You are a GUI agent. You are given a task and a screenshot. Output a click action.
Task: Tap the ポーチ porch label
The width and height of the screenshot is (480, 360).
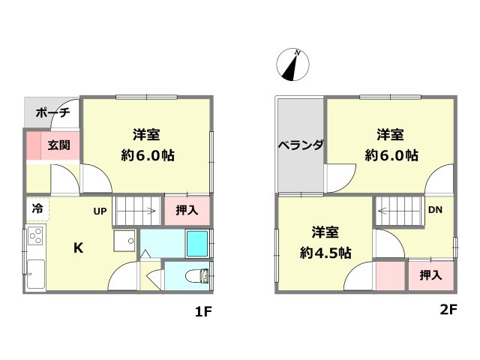point(52,113)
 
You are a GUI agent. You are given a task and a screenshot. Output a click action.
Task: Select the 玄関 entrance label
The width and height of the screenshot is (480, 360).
point(59,145)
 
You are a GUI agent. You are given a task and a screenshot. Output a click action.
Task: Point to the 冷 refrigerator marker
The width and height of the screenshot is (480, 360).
point(36,208)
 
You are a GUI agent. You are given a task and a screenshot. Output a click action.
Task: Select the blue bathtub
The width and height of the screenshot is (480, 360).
point(196,244)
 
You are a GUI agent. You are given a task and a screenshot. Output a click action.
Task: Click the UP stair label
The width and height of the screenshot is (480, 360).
point(100,211)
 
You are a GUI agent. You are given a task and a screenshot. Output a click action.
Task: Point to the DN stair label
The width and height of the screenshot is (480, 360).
point(435,209)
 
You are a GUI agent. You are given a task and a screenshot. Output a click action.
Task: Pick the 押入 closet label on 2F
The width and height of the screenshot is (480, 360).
point(430,275)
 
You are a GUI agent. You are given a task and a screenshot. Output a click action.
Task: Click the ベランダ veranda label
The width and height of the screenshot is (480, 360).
point(300,145)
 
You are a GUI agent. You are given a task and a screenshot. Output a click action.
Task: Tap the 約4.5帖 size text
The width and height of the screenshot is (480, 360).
point(325,253)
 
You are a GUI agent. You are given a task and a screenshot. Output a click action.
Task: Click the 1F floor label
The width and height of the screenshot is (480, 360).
point(205,313)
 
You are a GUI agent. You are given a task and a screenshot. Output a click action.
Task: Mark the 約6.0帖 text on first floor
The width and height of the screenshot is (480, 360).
point(148,156)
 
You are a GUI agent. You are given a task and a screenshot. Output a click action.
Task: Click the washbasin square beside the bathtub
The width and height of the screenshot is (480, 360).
point(124,242)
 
